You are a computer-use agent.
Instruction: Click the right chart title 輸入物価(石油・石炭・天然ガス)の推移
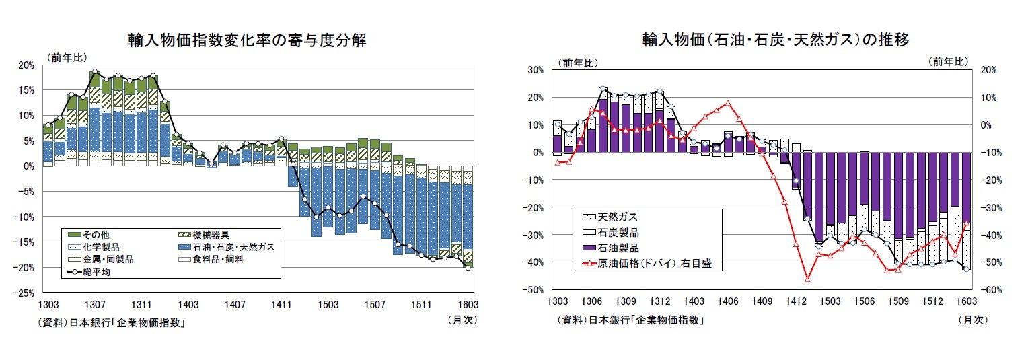point(775,40)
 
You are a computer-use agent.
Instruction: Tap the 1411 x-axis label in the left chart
point(281,305)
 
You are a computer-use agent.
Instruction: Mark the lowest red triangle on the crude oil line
point(807,279)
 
